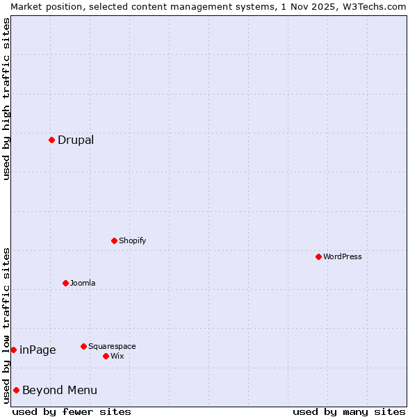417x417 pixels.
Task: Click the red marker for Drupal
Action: tap(51, 140)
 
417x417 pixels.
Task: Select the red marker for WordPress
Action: tap(318, 256)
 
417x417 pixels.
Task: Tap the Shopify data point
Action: tap(114, 240)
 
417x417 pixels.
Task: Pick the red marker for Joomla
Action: tap(65, 283)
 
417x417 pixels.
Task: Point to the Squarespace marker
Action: tap(83, 346)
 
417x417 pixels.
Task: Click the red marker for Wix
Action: tap(106, 356)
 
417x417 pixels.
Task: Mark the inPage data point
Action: tap(13, 350)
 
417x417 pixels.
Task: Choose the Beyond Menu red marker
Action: tap(16, 390)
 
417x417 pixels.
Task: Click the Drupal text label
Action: tap(76, 140)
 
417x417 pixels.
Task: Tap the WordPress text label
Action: tap(343, 256)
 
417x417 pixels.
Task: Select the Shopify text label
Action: tap(132, 240)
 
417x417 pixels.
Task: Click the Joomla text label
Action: tap(83, 283)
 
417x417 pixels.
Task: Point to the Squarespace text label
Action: tap(112, 346)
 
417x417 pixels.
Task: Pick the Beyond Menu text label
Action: tap(60, 390)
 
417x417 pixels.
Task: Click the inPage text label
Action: tap(38, 350)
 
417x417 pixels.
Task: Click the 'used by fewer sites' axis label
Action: tap(72, 411)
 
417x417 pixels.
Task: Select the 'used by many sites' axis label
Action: tap(349, 411)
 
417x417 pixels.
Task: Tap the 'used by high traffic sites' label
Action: tap(6, 99)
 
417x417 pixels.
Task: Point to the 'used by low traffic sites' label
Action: tap(6, 325)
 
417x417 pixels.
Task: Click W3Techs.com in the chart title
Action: tap(375, 6)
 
